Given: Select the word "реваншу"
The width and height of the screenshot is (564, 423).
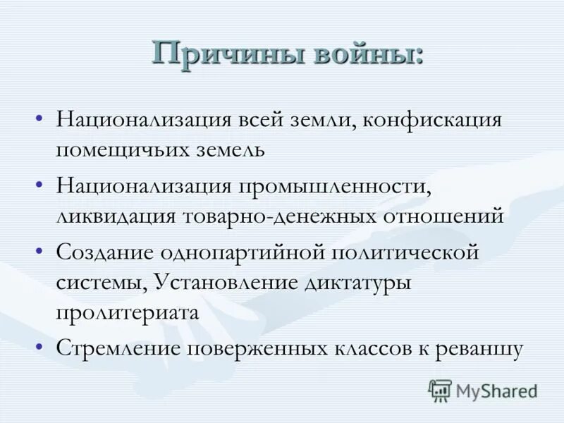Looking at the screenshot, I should point(479,349).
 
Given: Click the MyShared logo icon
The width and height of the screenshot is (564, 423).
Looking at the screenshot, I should point(440,390).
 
